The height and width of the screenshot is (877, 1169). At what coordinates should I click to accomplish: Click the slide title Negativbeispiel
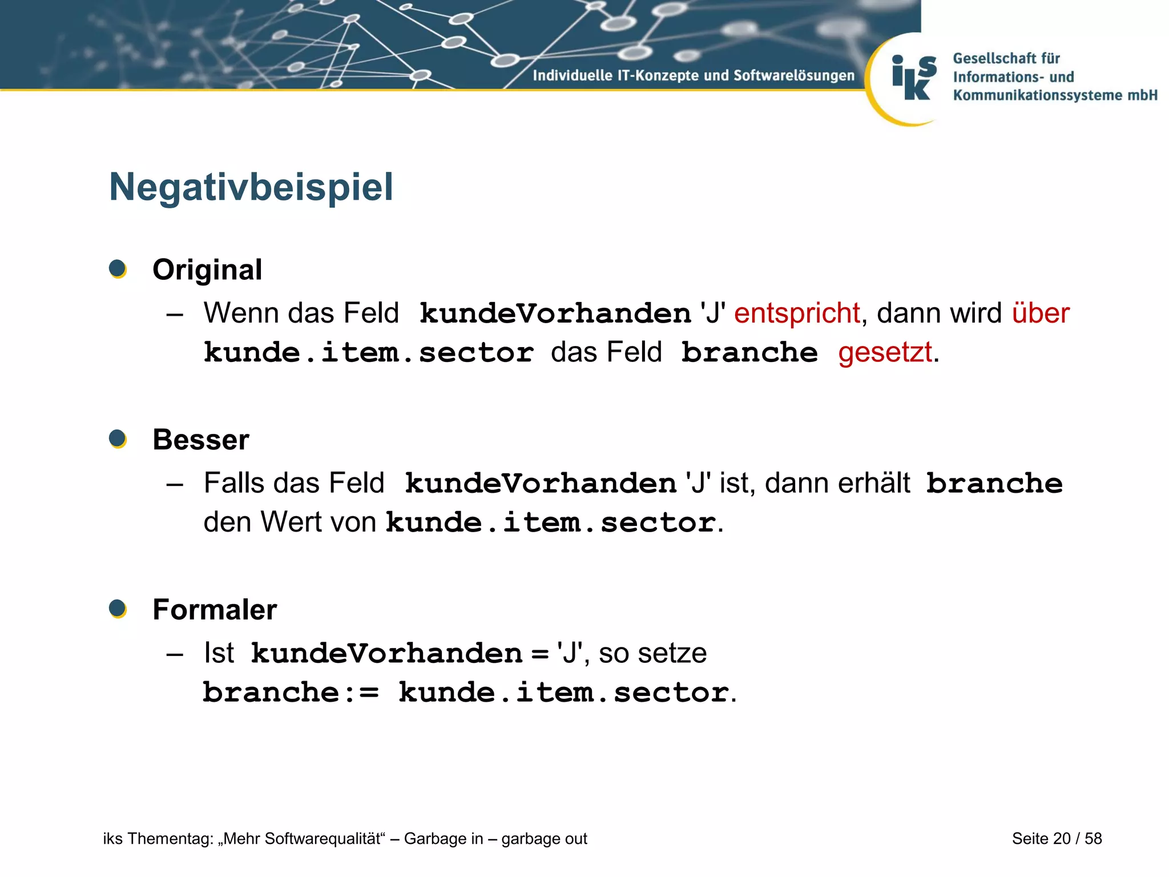251,187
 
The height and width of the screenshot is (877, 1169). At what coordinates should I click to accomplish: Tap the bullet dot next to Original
118,268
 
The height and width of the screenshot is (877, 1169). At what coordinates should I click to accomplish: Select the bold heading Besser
201,440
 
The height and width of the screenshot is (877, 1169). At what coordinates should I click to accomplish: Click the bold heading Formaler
215,609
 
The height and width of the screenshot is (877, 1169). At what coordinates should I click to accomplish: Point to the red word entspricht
797,313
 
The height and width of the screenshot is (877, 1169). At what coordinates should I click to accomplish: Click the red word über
1041,313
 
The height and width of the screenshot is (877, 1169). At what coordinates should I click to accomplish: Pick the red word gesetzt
885,352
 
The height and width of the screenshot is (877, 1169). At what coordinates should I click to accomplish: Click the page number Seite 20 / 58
1057,838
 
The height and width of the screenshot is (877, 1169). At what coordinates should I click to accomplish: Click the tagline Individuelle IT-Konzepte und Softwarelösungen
694,75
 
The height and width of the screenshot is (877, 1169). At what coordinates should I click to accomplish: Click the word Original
207,269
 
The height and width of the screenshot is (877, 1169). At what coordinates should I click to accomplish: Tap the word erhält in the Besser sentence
874,483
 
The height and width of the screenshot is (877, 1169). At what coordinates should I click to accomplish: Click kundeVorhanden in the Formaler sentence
386,654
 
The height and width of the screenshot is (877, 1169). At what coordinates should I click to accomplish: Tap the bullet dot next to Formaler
118,609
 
